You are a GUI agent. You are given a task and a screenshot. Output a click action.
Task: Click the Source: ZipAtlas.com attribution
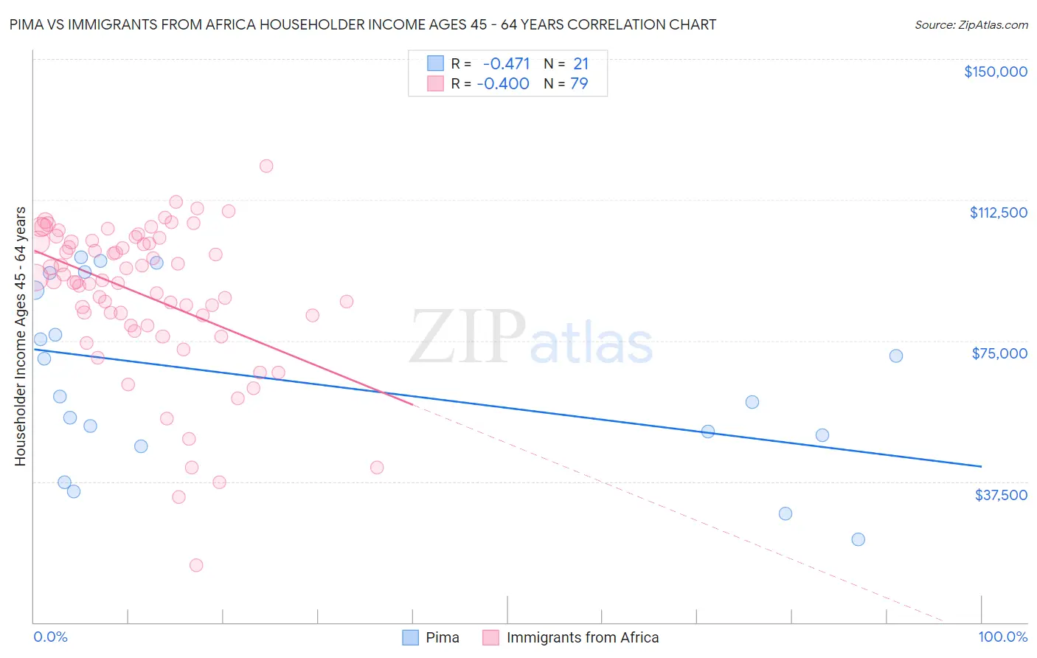tap(971, 24)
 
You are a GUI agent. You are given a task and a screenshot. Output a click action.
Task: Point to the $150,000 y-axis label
tap(995, 72)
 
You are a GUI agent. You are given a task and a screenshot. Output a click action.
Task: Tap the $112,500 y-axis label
tap(998, 212)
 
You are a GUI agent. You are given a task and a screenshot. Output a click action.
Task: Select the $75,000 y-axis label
tap(999, 353)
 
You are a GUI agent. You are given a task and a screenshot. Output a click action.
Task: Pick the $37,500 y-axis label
tap(1001, 495)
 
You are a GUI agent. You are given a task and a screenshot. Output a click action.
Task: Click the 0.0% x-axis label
tap(50, 637)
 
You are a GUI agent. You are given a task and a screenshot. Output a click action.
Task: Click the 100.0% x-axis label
tap(1002, 637)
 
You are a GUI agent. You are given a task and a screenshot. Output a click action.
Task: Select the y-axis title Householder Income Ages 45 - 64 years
tap(21, 336)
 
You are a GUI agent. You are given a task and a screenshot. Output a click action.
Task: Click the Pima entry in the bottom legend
tap(431, 637)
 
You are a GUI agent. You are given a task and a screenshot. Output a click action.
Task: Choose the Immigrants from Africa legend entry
tap(571, 637)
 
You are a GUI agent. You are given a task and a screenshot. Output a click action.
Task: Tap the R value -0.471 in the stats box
tap(506, 64)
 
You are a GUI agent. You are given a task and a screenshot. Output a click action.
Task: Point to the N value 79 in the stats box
tap(579, 84)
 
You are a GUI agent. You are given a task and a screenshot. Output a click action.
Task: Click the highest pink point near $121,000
tap(266, 166)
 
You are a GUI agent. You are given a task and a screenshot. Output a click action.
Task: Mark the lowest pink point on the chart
tap(196, 565)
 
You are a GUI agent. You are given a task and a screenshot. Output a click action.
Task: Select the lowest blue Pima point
tap(858, 539)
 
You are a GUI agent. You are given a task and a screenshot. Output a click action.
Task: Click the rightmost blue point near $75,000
tap(896, 356)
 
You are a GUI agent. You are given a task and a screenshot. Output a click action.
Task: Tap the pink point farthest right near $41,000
tap(377, 467)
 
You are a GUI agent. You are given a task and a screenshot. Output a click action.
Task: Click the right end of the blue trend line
tap(981, 466)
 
